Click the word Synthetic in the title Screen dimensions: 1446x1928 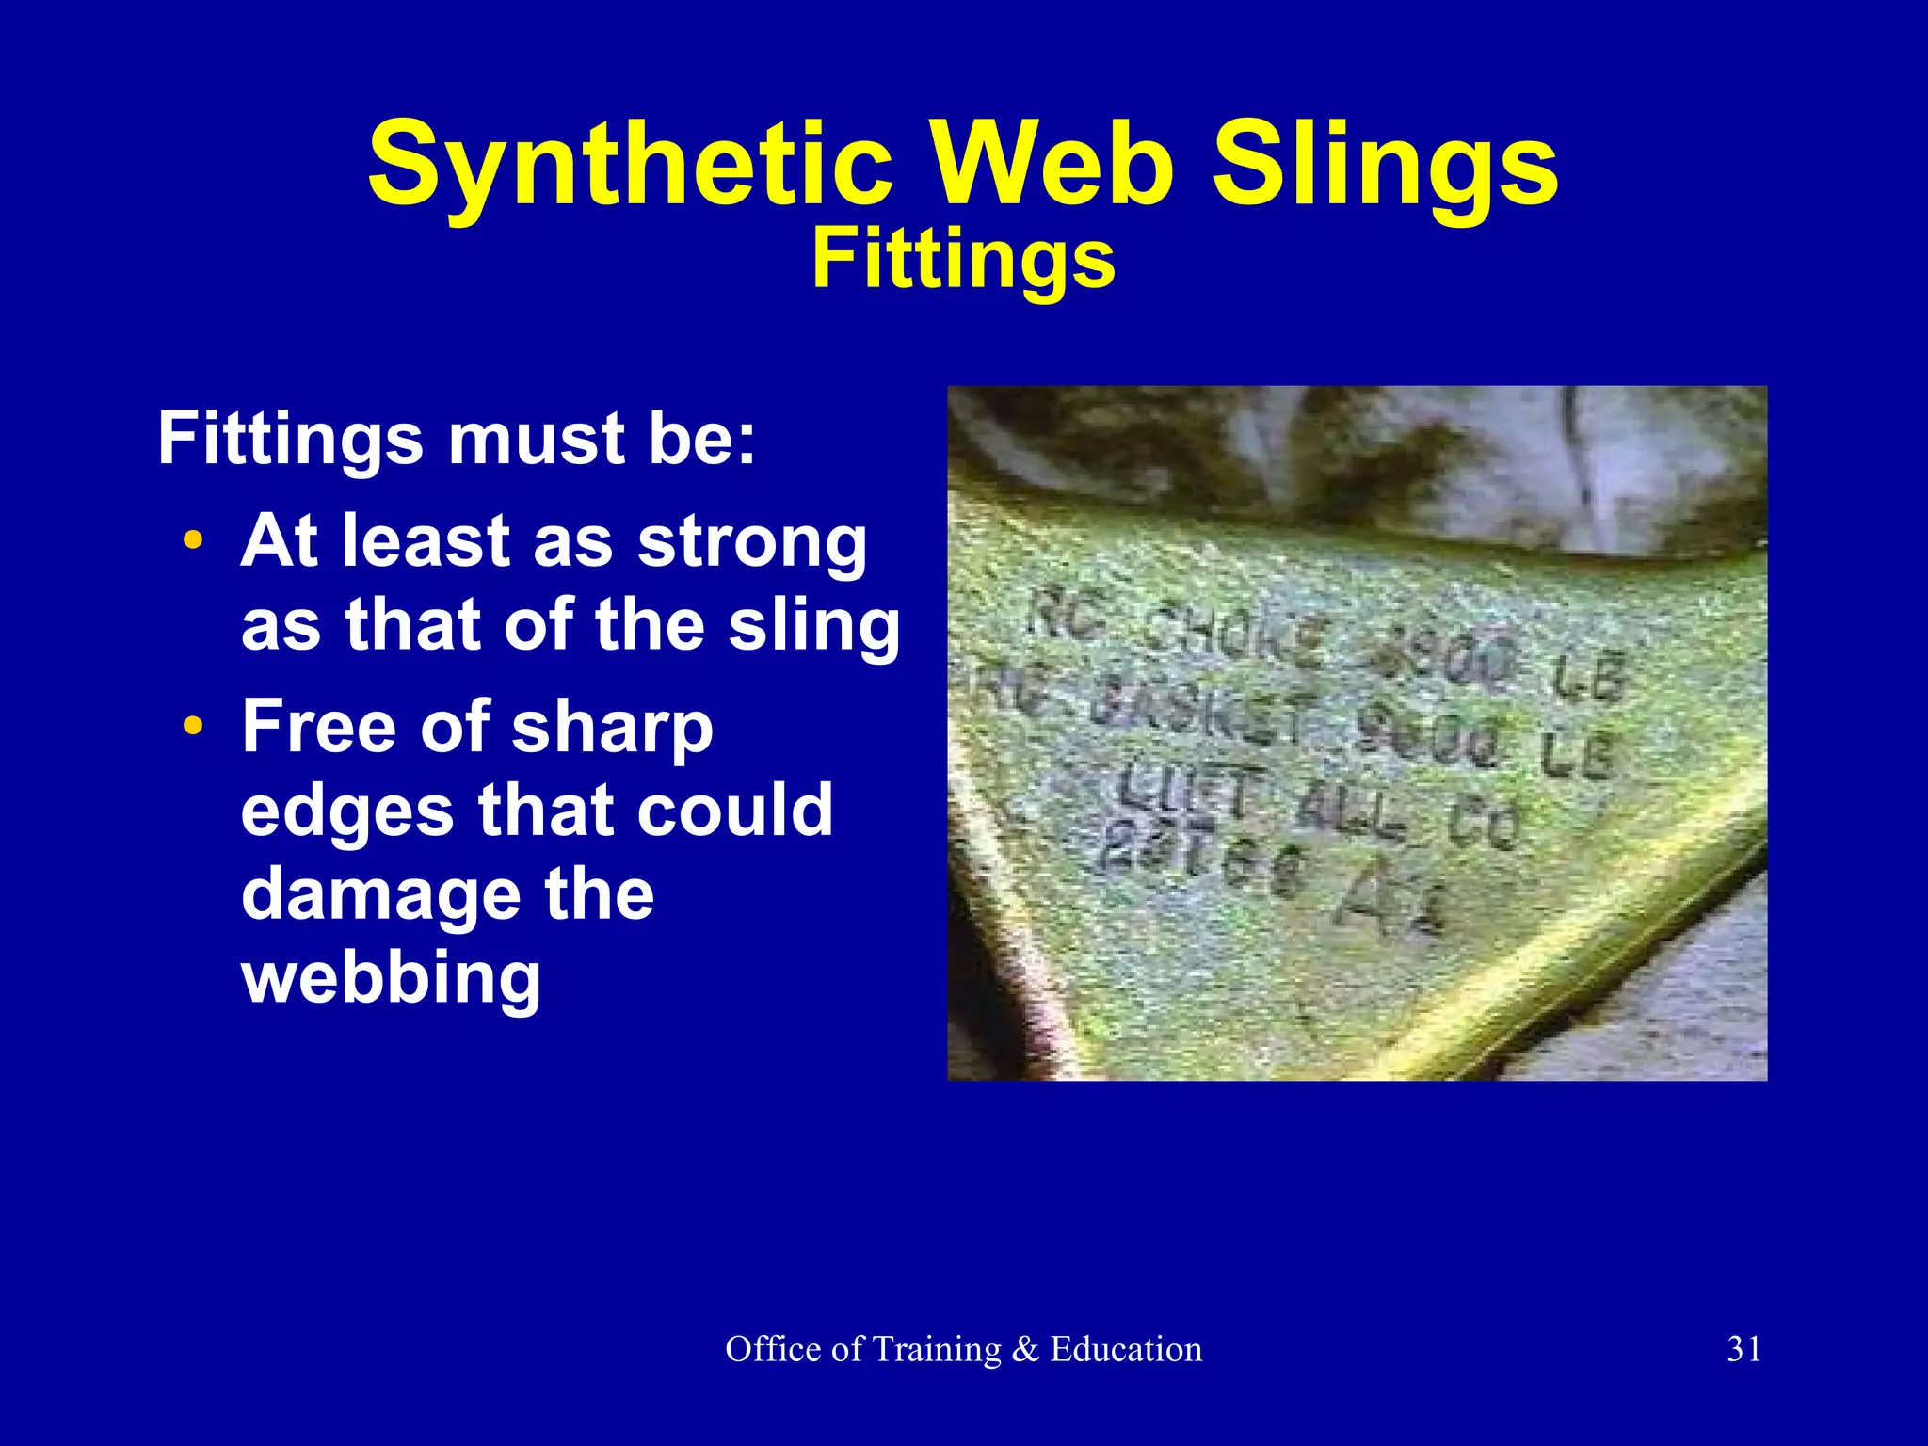(x=629, y=166)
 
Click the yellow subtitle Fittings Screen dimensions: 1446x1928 (x=963, y=262)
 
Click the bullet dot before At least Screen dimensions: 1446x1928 (x=193, y=542)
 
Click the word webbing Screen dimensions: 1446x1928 (x=391, y=979)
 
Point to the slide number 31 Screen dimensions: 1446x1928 (x=1744, y=1349)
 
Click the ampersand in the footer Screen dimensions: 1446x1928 (x=1025, y=1350)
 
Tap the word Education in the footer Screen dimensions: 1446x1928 (x=1126, y=1349)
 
